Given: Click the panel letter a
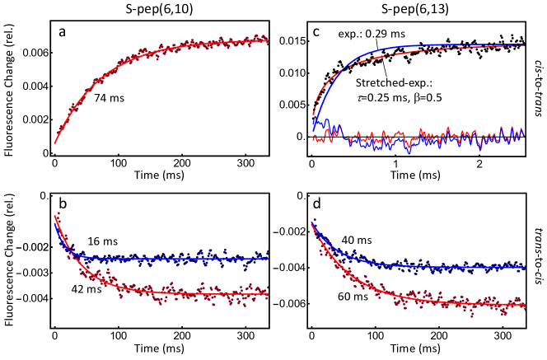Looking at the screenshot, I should [x=63, y=34].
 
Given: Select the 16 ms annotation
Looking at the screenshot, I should [x=101, y=242].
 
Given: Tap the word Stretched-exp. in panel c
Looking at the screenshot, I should [x=390, y=83].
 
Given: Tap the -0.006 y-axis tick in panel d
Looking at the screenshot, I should [x=286, y=304].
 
